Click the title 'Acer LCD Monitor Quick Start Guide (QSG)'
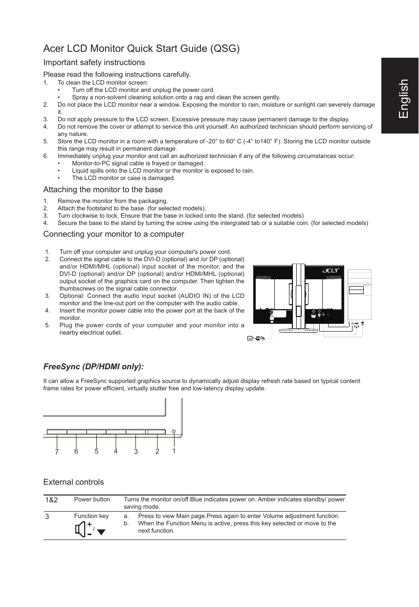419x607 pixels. (141, 49)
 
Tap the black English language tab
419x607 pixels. (400, 96)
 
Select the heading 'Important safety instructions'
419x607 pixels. (94, 63)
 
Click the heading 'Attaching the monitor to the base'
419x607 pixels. (103, 189)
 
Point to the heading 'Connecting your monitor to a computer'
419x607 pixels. (114, 234)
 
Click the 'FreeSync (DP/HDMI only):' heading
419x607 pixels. (93, 367)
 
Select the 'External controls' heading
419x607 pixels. (74, 482)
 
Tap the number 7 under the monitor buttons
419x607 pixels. (57, 452)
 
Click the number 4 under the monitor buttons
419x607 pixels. (115, 451)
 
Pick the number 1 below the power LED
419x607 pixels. (174, 451)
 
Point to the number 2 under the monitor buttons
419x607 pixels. (157, 451)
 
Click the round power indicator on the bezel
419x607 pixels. (174, 431)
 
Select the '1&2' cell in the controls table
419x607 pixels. (51, 500)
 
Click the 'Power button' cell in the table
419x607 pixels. (92, 499)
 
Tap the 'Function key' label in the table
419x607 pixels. (91, 516)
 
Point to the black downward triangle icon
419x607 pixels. (101, 532)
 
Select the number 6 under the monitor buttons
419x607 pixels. (76, 451)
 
